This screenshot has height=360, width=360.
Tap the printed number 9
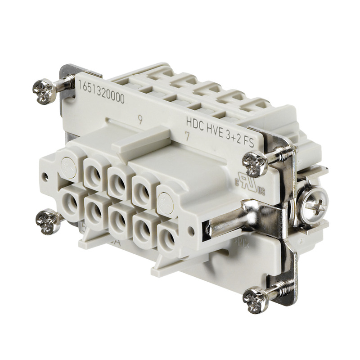pyautogui.click(x=141, y=120)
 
